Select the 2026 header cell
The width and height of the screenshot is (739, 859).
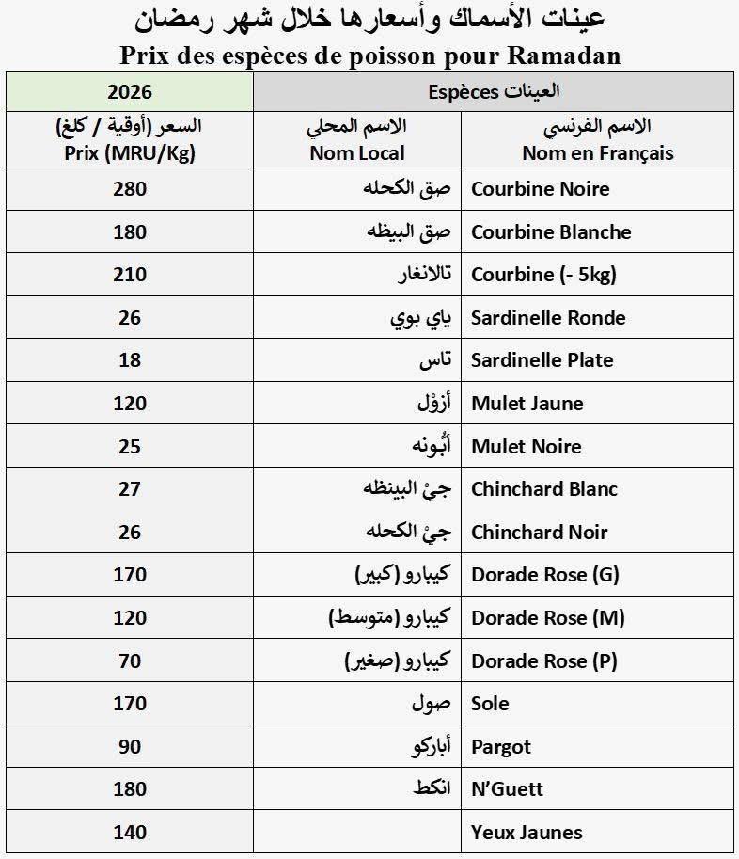(x=130, y=91)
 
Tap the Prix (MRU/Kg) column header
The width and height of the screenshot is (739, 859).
(x=130, y=152)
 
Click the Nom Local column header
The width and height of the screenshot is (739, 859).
(x=357, y=152)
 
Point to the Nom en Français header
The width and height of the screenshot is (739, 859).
(x=598, y=152)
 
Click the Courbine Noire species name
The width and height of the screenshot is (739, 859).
(x=540, y=189)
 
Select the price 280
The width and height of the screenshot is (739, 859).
(x=130, y=189)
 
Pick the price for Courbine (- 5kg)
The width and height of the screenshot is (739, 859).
(x=130, y=275)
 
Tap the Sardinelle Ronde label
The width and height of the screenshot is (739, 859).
(x=548, y=318)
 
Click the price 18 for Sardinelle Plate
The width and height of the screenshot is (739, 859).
(x=130, y=360)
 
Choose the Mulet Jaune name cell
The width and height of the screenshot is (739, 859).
(x=527, y=404)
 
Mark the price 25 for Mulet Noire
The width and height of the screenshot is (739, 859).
(x=130, y=446)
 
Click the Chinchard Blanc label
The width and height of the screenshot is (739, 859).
(x=544, y=489)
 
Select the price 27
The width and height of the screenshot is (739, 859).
(x=130, y=489)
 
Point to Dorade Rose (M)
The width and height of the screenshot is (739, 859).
(x=547, y=618)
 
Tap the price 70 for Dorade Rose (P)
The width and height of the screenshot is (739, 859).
(x=130, y=661)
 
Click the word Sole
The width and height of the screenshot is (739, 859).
(x=490, y=704)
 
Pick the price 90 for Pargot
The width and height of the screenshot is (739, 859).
(x=130, y=747)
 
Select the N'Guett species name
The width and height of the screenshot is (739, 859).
(x=507, y=789)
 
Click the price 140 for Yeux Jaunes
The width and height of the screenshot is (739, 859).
(x=130, y=833)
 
